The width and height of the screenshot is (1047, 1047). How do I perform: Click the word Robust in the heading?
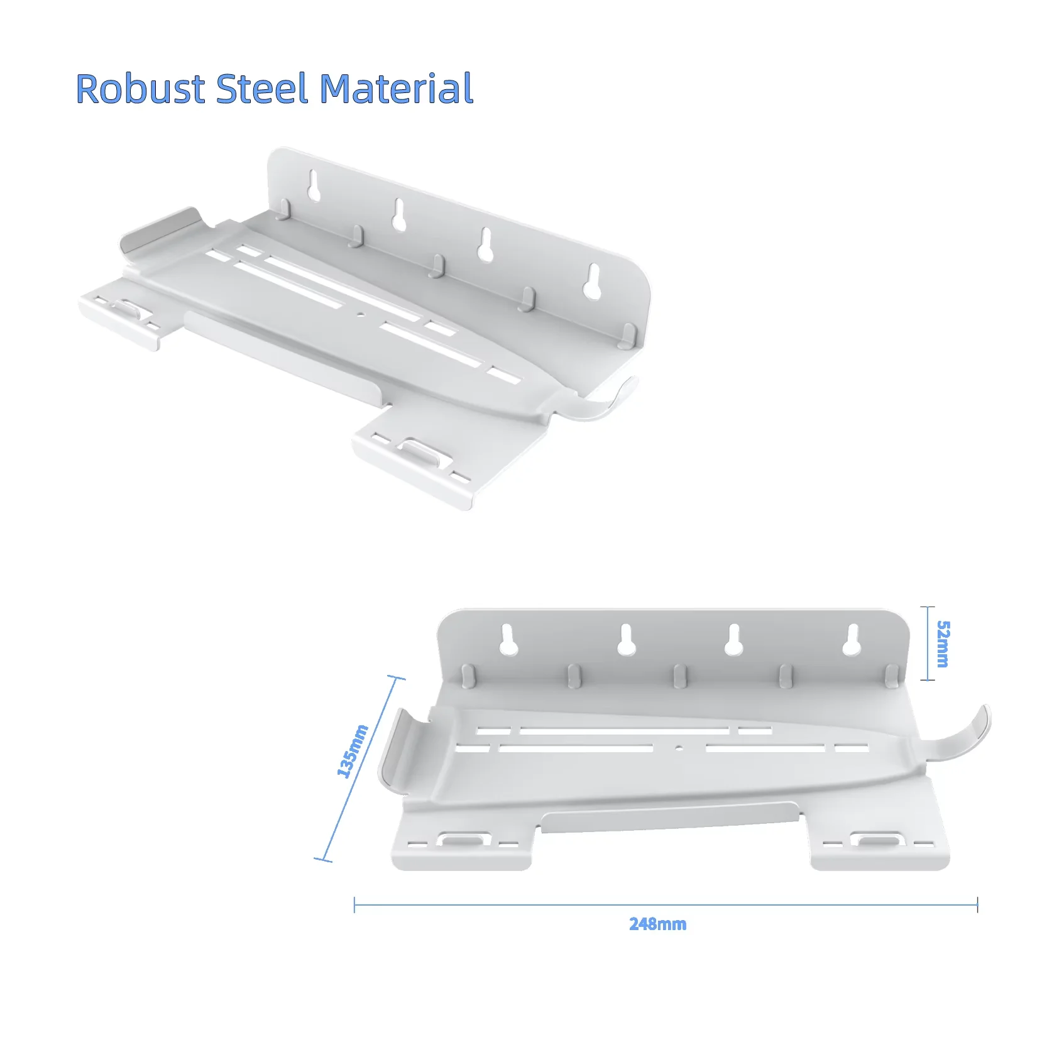(141, 89)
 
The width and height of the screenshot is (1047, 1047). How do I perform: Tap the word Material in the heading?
(397, 89)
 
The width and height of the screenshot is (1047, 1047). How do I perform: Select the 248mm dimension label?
(657, 924)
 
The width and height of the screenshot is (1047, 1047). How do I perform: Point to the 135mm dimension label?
(353, 751)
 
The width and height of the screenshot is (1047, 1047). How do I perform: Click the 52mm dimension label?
(943, 644)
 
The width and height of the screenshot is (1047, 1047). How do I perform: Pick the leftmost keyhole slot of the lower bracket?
(508, 639)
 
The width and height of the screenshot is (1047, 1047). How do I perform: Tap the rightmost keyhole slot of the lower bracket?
(851, 640)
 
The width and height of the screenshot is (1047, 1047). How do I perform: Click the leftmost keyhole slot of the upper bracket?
(314, 186)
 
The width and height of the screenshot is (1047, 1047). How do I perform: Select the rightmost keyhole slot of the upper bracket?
(592, 281)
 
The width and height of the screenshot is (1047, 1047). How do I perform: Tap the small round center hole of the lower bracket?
(679, 748)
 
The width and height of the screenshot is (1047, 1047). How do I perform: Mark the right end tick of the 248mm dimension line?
(977, 905)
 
